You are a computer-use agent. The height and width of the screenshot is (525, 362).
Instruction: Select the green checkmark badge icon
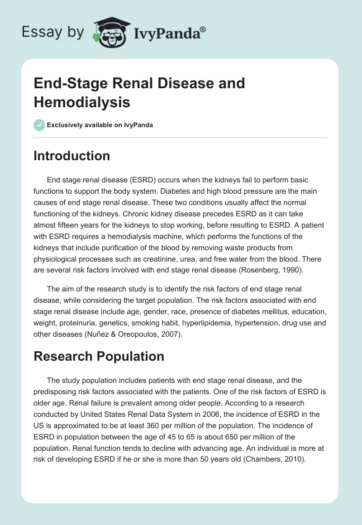(x=39, y=125)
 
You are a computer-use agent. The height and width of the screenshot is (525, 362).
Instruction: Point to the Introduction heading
(x=72, y=156)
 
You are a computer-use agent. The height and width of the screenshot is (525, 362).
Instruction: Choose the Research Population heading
(x=99, y=356)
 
